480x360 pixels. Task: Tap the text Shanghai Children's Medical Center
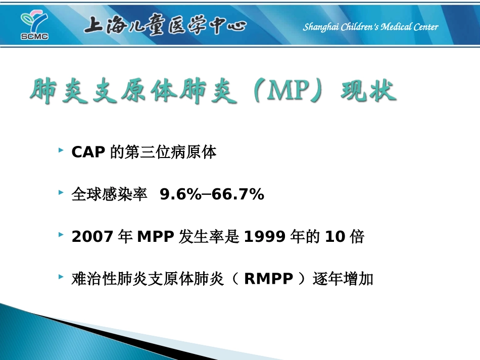pyautogui.click(x=370, y=27)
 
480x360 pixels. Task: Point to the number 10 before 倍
pyautogui.click(x=334, y=237)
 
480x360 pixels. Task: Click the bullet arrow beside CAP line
pyautogui.click(x=61, y=151)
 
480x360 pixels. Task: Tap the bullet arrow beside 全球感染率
pyautogui.click(x=61, y=193)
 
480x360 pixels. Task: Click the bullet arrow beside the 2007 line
pyautogui.click(x=61, y=235)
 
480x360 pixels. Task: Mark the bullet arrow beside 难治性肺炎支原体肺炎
pyautogui.click(x=61, y=277)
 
